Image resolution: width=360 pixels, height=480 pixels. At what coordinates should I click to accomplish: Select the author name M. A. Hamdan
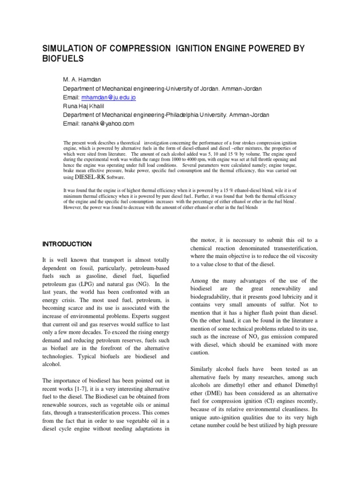tap(80, 80)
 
